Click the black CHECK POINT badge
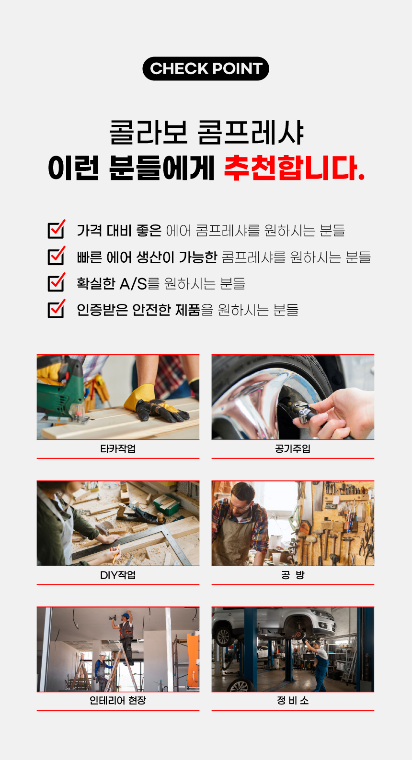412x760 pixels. pyautogui.click(x=206, y=68)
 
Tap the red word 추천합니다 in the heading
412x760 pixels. pyautogui.click(x=294, y=168)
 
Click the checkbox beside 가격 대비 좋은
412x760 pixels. pyautogui.click(x=57, y=229)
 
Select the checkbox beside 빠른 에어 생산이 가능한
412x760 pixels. pyautogui.click(x=57, y=256)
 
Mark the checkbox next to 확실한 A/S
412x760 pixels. pyautogui.click(x=57, y=282)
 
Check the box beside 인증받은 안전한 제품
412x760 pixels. pyautogui.click(x=57, y=309)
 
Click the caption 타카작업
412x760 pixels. pyautogui.click(x=118, y=449)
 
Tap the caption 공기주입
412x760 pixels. pyautogui.click(x=293, y=449)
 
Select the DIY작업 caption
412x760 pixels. pyautogui.click(x=118, y=575)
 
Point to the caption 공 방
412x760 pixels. pyautogui.click(x=293, y=575)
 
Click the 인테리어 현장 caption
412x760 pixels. pyautogui.click(x=118, y=701)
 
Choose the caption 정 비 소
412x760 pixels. pyautogui.click(x=293, y=701)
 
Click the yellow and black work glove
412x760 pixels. pyautogui.click(x=156, y=404)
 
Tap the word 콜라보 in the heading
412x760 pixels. pyautogui.click(x=149, y=132)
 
